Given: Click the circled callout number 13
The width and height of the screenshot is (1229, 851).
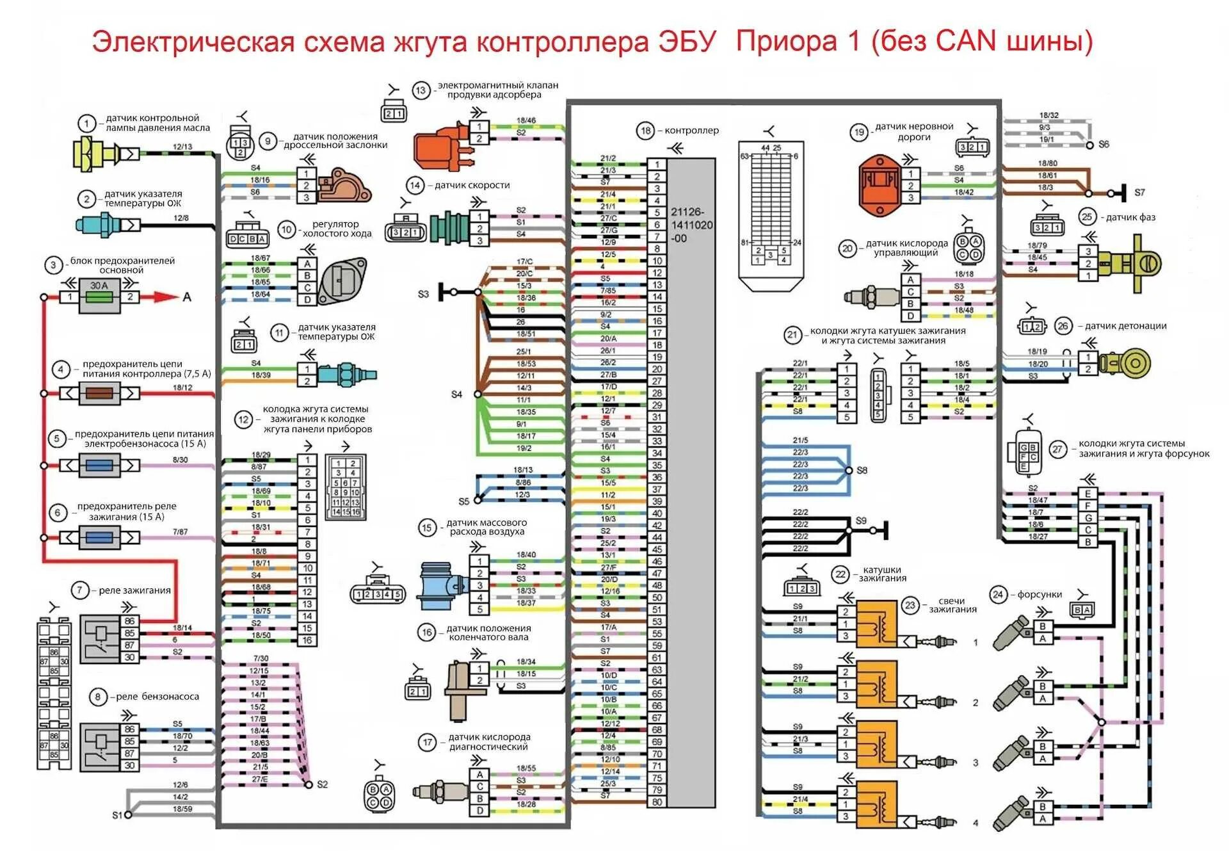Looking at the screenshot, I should pyautogui.click(x=421, y=90).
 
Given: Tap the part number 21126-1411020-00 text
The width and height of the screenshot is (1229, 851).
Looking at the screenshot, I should pyautogui.click(x=691, y=225).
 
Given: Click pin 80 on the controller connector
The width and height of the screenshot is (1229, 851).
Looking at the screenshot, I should pyautogui.click(x=657, y=802).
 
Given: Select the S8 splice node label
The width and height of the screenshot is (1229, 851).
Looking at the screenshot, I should pyautogui.click(x=862, y=471).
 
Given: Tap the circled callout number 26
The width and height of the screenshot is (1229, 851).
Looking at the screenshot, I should pyautogui.click(x=1063, y=326).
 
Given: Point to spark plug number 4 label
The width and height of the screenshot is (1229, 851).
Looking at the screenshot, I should pyautogui.click(x=976, y=823).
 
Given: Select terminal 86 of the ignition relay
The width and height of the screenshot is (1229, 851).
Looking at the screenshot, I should pyautogui.click(x=130, y=621).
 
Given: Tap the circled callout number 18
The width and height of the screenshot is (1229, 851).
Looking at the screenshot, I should pyautogui.click(x=645, y=131).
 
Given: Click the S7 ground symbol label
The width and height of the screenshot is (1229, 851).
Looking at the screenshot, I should pyautogui.click(x=1139, y=192).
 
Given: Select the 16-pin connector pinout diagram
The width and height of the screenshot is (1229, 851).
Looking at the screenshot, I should pyautogui.click(x=346, y=487).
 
